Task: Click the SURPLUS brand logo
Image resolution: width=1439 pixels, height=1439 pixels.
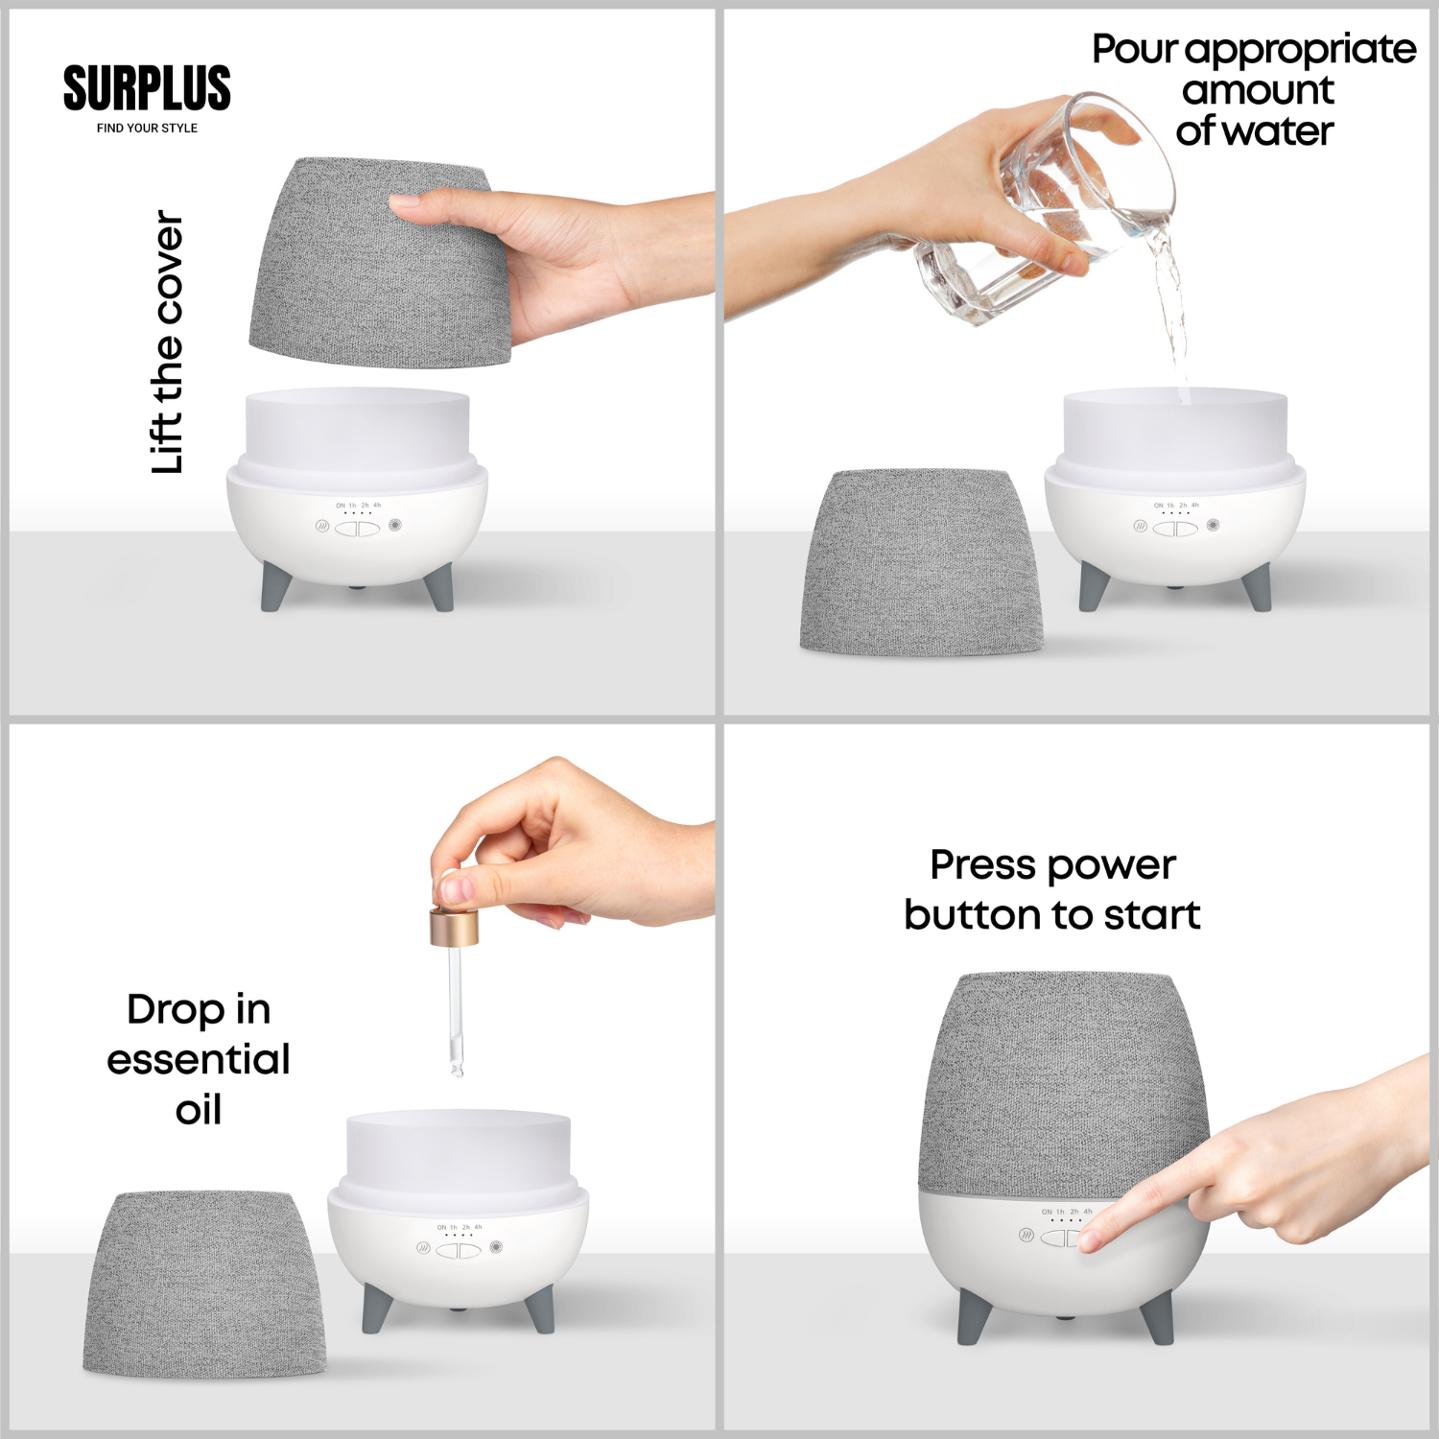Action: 147,88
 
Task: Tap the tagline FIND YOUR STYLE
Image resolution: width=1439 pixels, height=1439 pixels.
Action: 147,128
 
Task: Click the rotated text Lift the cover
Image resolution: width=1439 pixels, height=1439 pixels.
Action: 167,342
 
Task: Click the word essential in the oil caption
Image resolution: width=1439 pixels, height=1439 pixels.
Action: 198,1060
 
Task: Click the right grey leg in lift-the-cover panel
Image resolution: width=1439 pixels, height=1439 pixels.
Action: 440,586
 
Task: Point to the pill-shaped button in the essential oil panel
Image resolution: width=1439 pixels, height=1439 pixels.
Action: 459,1250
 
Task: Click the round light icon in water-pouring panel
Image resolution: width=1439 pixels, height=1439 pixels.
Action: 1213,525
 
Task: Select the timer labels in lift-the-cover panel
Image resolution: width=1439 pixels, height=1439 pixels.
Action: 358,505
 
